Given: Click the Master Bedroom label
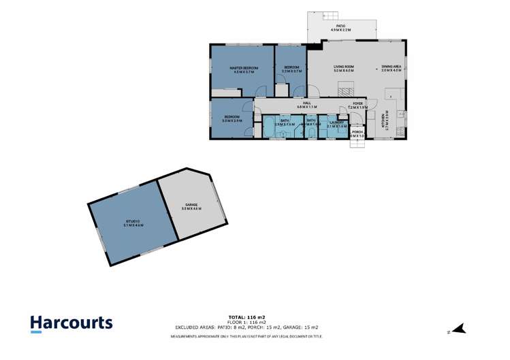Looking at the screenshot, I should [x=242, y=69].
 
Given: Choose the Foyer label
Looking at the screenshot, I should [x=358, y=104].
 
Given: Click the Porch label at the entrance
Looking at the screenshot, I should [x=357, y=132].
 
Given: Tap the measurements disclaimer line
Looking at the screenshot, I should [x=246, y=336].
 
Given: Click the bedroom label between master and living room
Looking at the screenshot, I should [x=291, y=69].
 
